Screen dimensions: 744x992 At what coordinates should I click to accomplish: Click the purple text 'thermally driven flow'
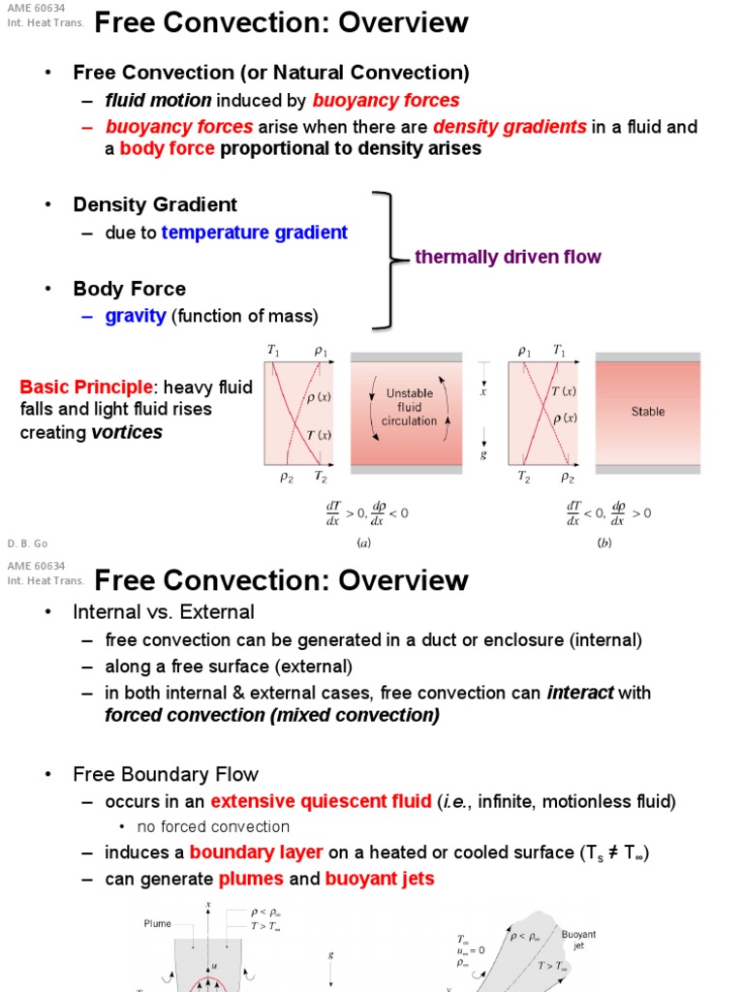click(x=508, y=257)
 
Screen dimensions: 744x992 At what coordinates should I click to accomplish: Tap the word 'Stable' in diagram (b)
click(x=648, y=412)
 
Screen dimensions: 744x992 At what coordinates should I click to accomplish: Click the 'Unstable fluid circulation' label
click(x=410, y=408)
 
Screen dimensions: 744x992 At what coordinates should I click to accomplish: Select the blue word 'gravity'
click(x=136, y=316)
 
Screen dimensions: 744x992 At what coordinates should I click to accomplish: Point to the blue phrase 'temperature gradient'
click(x=254, y=232)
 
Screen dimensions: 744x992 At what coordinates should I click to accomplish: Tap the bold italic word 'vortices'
click(x=127, y=432)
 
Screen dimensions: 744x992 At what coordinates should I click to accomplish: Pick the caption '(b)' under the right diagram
click(x=605, y=543)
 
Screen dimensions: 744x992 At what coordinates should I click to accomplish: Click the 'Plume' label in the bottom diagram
click(x=157, y=924)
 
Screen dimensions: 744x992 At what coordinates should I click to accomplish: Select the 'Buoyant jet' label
click(x=578, y=940)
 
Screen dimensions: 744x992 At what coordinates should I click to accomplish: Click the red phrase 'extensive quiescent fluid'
click(x=321, y=801)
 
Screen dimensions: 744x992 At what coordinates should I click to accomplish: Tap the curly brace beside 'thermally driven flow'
click(x=386, y=259)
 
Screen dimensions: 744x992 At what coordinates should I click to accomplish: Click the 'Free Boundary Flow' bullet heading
click(x=166, y=774)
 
